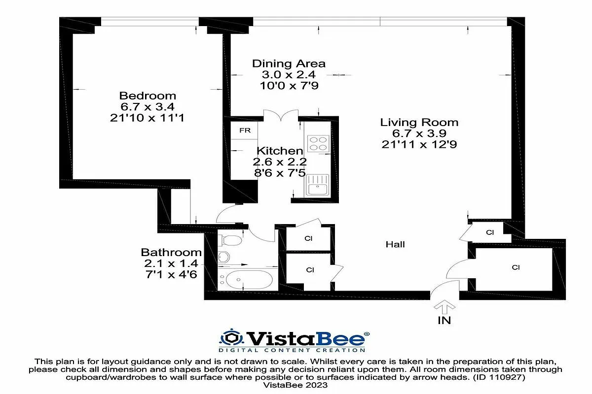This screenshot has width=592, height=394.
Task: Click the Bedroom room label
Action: tap(148, 96)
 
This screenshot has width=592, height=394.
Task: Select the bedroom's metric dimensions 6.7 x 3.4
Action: tap(148, 107)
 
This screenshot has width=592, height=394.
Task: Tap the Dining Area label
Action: tap(289, 64)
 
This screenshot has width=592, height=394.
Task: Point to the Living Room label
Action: tap(419, 122)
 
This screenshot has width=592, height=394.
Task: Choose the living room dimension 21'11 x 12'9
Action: tap(419, 144)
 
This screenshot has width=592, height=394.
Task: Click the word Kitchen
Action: tap(280, 151)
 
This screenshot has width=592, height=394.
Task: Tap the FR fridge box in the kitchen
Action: tap(245, 131)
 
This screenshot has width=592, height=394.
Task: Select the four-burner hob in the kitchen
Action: tap(318, 143)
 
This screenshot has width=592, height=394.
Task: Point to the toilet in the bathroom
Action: tap(230, 240)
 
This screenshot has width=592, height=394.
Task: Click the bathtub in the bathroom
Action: tap(245, 280)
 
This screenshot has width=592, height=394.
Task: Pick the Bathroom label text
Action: tap(171, 253)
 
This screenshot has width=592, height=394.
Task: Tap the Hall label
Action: tap(395, 244)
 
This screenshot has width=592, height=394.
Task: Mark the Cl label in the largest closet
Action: tap(516, 267)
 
